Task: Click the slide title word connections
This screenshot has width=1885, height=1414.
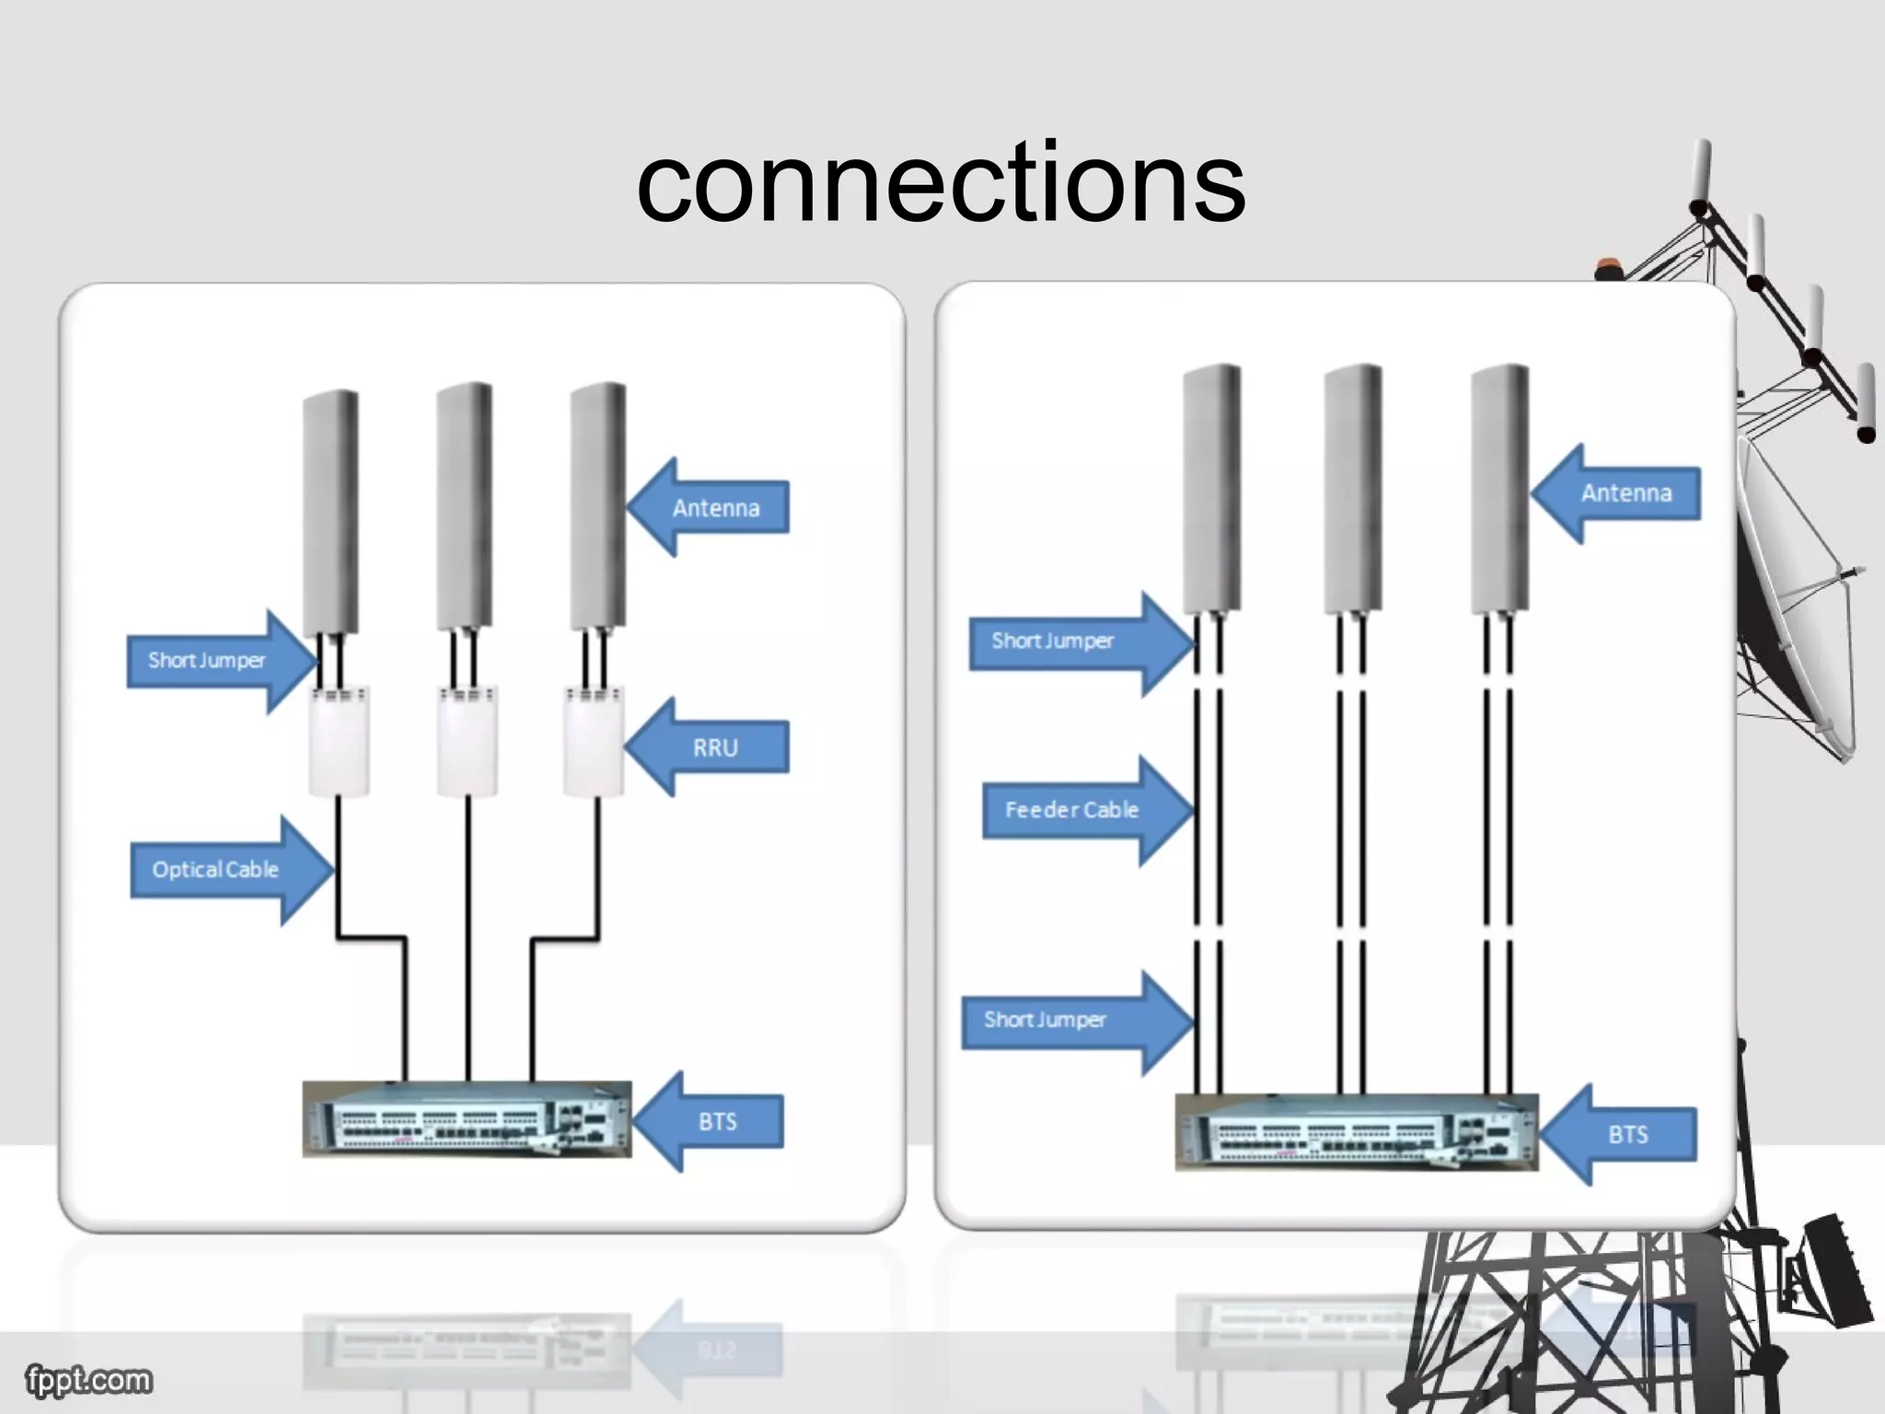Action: point(941,184)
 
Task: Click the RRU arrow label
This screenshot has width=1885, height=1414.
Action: point(716,748)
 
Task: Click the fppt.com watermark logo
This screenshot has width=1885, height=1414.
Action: point(88,1380)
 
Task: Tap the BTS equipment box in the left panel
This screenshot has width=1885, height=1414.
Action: point(467,1119)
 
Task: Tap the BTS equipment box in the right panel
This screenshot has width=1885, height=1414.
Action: point(1356,1132)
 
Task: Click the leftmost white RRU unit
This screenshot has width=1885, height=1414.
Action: point(339,742)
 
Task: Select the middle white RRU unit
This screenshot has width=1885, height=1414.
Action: point(467,742)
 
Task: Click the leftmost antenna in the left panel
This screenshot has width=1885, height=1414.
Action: point(330,511)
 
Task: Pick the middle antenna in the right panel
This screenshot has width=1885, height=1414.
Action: point(1353,488)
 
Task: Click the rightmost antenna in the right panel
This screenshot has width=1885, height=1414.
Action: point(1499,488)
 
